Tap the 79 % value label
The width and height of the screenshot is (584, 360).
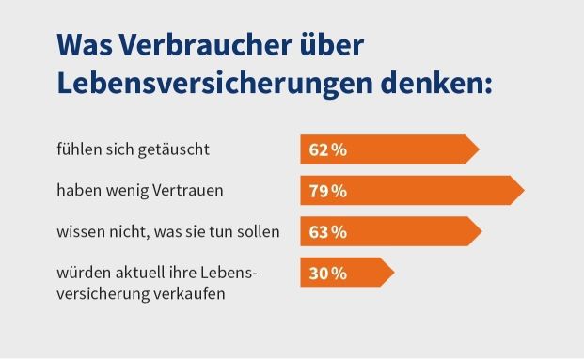pos(328,191)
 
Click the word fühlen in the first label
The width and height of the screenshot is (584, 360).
pos(78,149)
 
